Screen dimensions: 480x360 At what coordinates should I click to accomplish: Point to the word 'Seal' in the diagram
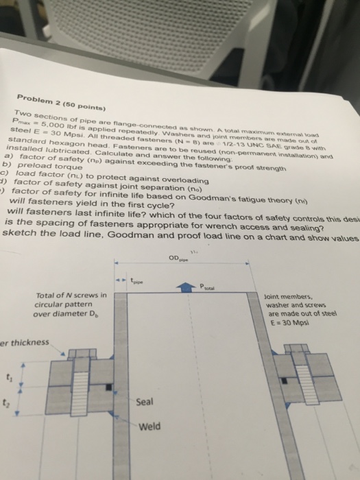point(145,403)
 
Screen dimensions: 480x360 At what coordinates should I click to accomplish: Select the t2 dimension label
point(8,403)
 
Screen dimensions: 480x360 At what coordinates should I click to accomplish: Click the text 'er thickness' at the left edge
point(25,342)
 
